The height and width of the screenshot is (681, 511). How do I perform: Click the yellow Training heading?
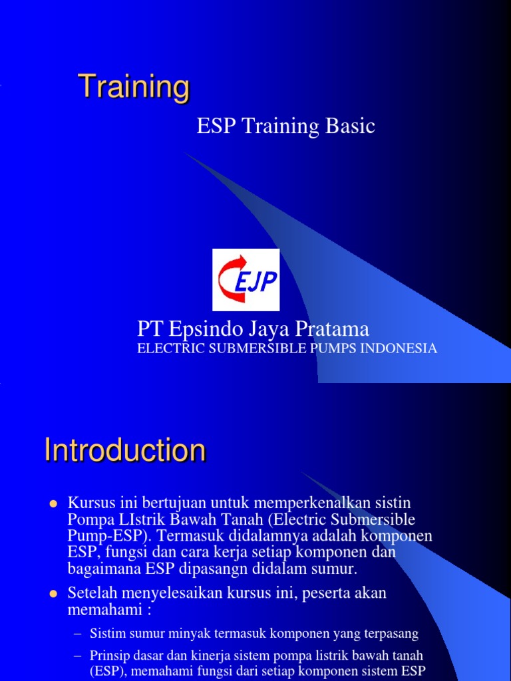point(134,87)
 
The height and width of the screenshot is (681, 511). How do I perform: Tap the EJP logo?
point(246,280)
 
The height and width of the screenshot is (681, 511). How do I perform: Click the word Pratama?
point(335,329)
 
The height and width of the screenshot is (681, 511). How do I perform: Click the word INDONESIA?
point(401,348)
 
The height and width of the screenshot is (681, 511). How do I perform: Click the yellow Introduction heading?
point(125,451)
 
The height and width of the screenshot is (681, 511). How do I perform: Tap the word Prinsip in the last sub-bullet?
point(107,656)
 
